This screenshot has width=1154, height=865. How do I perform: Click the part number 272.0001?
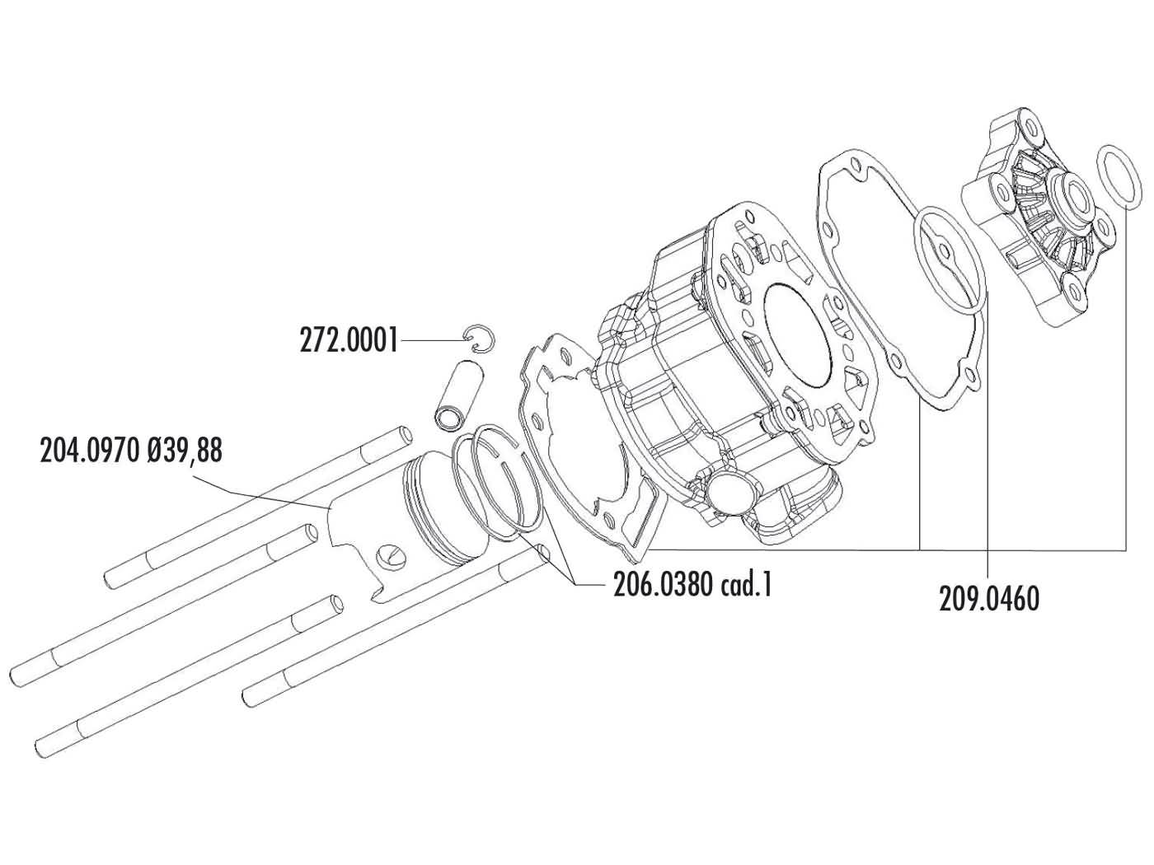click(x=348, y=339)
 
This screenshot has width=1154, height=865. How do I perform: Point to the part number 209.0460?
click(x=988, y=598)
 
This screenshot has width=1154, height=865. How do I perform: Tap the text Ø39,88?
click(x=184, y=451)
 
